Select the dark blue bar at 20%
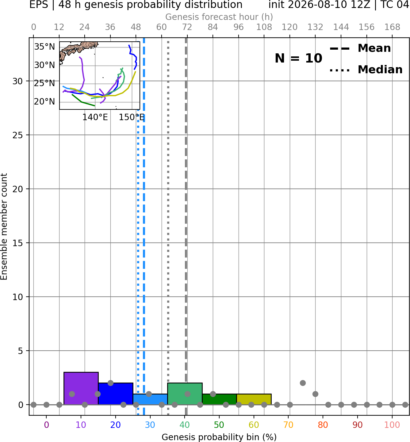click(x=116, y=394)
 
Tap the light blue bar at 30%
click(x=150, y=399)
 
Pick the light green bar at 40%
click(x=185, y=394)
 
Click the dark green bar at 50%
click(x=219, y=399)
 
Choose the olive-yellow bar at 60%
click(x=254, y=399)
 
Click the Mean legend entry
click(x=360, y=48)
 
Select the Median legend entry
click(x=366, y=70)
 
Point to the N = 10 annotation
click(x=298, y=58)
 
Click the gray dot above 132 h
click(x=315, y=394)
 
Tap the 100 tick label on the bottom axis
click(x=392, y=425)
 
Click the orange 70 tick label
click(x=288, y=425)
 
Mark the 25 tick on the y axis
click(x=17, y=135)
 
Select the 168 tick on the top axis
click(x=392, y=27)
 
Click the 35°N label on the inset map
click(x=44, y=47)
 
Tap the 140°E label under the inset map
click(x=95, y=117)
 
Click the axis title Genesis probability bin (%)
click(x=219, y=437)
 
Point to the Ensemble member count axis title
click(x=4, y=227)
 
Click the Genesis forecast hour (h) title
click(x=219, y=17)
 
